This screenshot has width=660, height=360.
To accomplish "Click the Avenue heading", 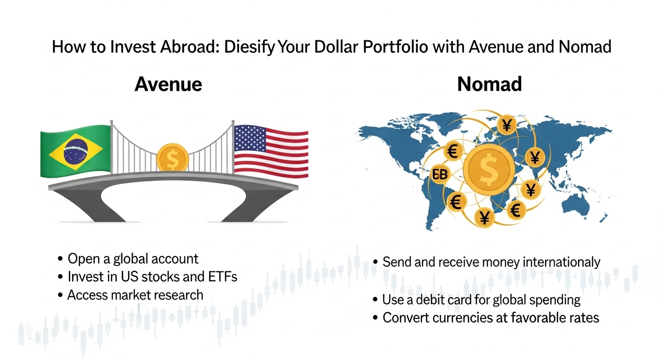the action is point(168,84).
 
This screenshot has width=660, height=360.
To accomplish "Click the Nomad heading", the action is point(489,84).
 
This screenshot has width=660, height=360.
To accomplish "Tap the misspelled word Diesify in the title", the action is point(249,47).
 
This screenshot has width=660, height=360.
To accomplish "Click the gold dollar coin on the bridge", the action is point(172,157).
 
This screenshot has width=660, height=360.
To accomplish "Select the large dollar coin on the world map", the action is point(489,169).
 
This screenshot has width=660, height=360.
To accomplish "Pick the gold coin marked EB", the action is point(440,174).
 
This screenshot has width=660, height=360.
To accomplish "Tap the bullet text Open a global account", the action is point(133,259).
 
